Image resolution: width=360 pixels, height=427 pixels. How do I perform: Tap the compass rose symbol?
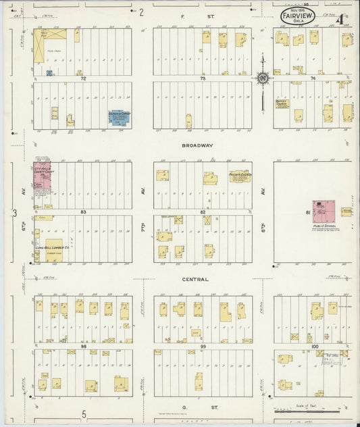click(x=262, y=77)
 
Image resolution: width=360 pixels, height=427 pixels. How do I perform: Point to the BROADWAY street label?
click(x=197, y=145)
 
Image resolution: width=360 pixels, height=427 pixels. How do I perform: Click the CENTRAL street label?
click(x=195, y=278)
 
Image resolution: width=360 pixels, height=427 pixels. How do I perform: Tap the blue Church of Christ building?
click(x=120, y=118)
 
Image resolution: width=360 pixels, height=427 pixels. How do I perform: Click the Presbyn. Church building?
click(x=239, y=176)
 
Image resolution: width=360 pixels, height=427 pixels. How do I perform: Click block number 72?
click(x=84, y=79)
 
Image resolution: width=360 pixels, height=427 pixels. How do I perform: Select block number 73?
click(x=203, y=79)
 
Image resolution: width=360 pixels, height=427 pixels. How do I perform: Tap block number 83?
click(x=84, y=212)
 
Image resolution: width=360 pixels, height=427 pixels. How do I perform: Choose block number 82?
click(x=203, y=212)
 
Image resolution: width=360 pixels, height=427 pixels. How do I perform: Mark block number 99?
click(x=203, y=346)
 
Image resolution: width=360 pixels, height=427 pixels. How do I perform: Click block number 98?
click(x=84, y=346)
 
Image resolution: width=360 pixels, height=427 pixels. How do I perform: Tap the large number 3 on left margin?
click(x=14, y=214)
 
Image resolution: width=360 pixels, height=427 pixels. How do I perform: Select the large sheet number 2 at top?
click(x=142, y=11)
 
